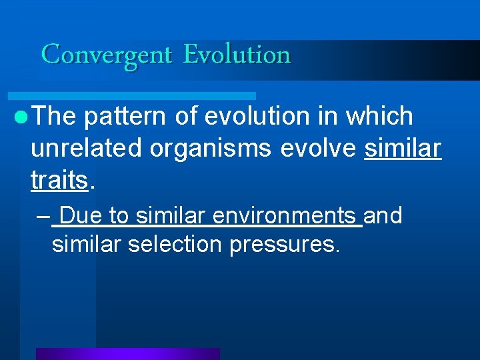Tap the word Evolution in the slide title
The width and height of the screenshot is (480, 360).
click(x=237, y=55)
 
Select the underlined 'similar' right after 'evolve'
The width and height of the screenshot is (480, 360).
click(x=403, y=149)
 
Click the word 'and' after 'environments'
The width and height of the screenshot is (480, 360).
click(x=383, y=216)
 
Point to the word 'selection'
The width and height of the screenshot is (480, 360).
click(x=175, y=245)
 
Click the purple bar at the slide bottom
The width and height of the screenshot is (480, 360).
click(x=127, y=354)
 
